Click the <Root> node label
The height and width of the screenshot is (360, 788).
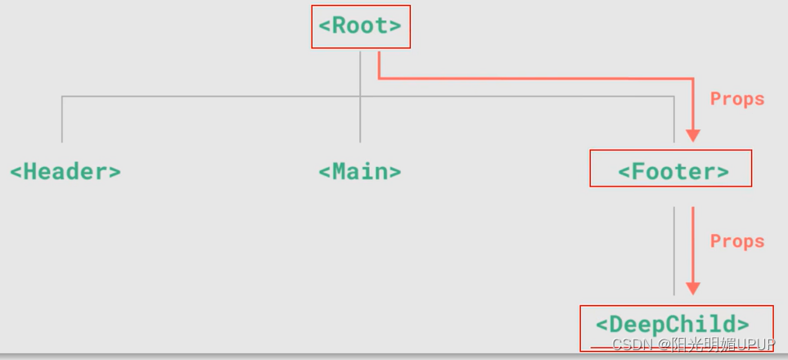[x=360, y=26]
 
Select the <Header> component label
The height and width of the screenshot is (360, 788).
[x=65, y=172]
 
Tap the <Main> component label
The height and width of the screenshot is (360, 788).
[x=360, y=172]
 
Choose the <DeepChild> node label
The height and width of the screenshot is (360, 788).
[x=673, y=323]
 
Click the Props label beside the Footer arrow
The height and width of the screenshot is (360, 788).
[x=737, y=99]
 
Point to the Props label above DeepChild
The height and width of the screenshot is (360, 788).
[x=737, y=241]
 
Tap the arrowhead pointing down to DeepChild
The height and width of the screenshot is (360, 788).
[x=693, y=287]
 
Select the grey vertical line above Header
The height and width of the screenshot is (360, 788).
[x=62, y=119]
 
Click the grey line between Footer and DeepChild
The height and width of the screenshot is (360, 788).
[x=674, y=250]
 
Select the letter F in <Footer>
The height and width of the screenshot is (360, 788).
[x=637, y=172]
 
